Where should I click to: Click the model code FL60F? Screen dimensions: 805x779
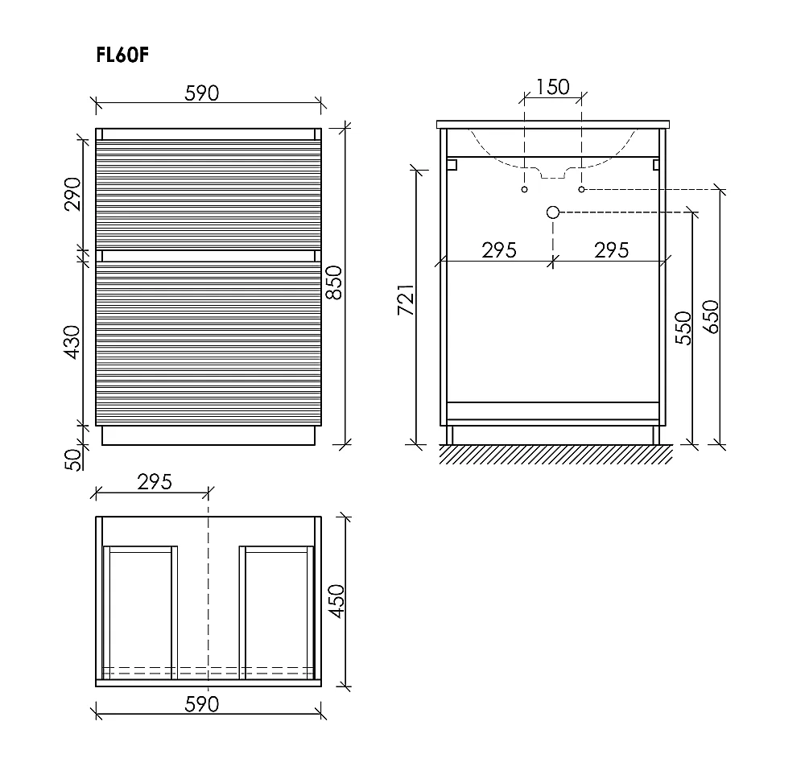(x=122, y=55)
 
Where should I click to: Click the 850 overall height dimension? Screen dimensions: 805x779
(x=334, y=282)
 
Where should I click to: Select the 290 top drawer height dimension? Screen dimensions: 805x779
(x=73, y=194)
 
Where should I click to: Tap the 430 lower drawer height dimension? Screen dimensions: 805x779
(x=72, y=342)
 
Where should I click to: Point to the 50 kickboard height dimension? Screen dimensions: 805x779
(x=73, y=460)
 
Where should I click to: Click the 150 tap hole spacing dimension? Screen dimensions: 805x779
(x=553, y=87)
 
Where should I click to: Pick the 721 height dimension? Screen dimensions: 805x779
(x=406, y=299)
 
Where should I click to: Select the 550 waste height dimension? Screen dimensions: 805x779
(x=683, y=328)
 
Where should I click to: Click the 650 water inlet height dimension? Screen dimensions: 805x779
(x=711, y=316)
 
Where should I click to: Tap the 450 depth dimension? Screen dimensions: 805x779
(x=336, y=601)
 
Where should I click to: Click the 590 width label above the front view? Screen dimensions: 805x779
(x=202, y=93)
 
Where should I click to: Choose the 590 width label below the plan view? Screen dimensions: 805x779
(x=202, y=704)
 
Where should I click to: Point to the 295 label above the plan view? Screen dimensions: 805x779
(x=155, y=482)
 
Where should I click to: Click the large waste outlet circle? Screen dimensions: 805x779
(x=553, y=212)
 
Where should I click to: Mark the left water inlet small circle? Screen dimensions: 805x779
(x=524, y=189)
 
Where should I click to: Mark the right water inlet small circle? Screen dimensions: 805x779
(x=582, y=189)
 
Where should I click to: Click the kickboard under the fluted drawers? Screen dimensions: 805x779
(x=208, y=435)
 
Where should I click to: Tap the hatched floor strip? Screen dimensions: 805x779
(x=556, y=455)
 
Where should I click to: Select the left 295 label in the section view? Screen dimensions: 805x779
(x=499, y=250)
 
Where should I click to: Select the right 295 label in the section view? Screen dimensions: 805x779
(x=612, y=250)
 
